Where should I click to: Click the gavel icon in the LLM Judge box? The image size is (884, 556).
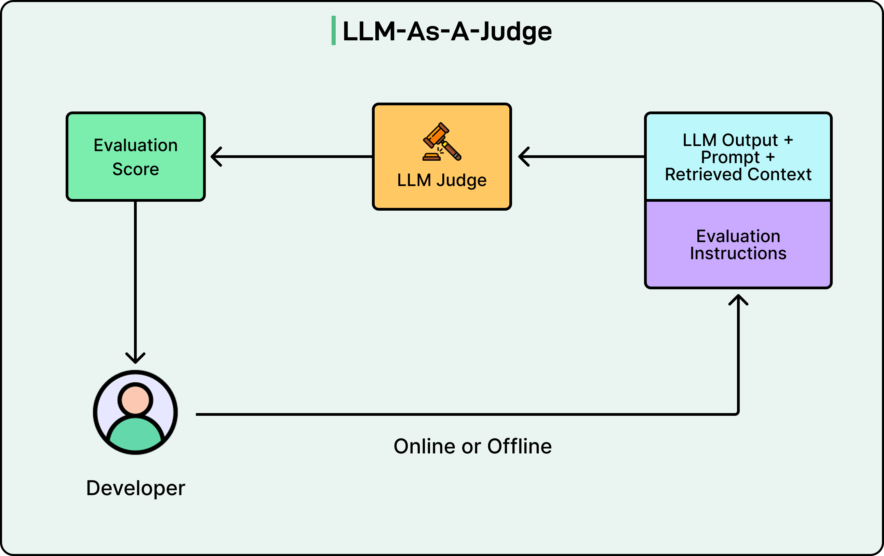442,142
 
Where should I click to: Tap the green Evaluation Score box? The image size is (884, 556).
135,157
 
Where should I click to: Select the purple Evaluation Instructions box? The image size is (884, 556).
738,244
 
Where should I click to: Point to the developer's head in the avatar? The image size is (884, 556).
135,399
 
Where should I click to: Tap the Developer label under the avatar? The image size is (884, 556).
135,488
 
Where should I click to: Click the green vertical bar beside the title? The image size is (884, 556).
333,30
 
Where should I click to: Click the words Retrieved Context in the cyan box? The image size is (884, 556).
738,174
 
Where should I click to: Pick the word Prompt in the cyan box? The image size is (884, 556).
730,157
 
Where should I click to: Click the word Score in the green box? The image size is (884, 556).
135,169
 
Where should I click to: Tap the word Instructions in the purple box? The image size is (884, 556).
738,253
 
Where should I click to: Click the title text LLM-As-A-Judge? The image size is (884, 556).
447,31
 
